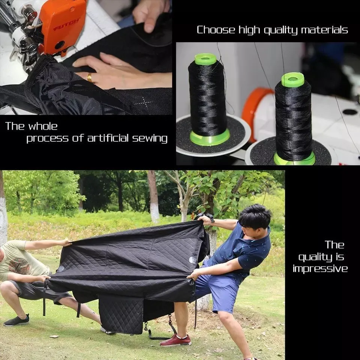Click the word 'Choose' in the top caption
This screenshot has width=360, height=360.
216,30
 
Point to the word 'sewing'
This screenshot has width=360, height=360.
150,138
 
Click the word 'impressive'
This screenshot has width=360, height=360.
320,269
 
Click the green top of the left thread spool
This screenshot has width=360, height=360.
205,59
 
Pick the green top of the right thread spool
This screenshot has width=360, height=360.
292,79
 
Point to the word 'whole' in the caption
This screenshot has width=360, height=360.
43,126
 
